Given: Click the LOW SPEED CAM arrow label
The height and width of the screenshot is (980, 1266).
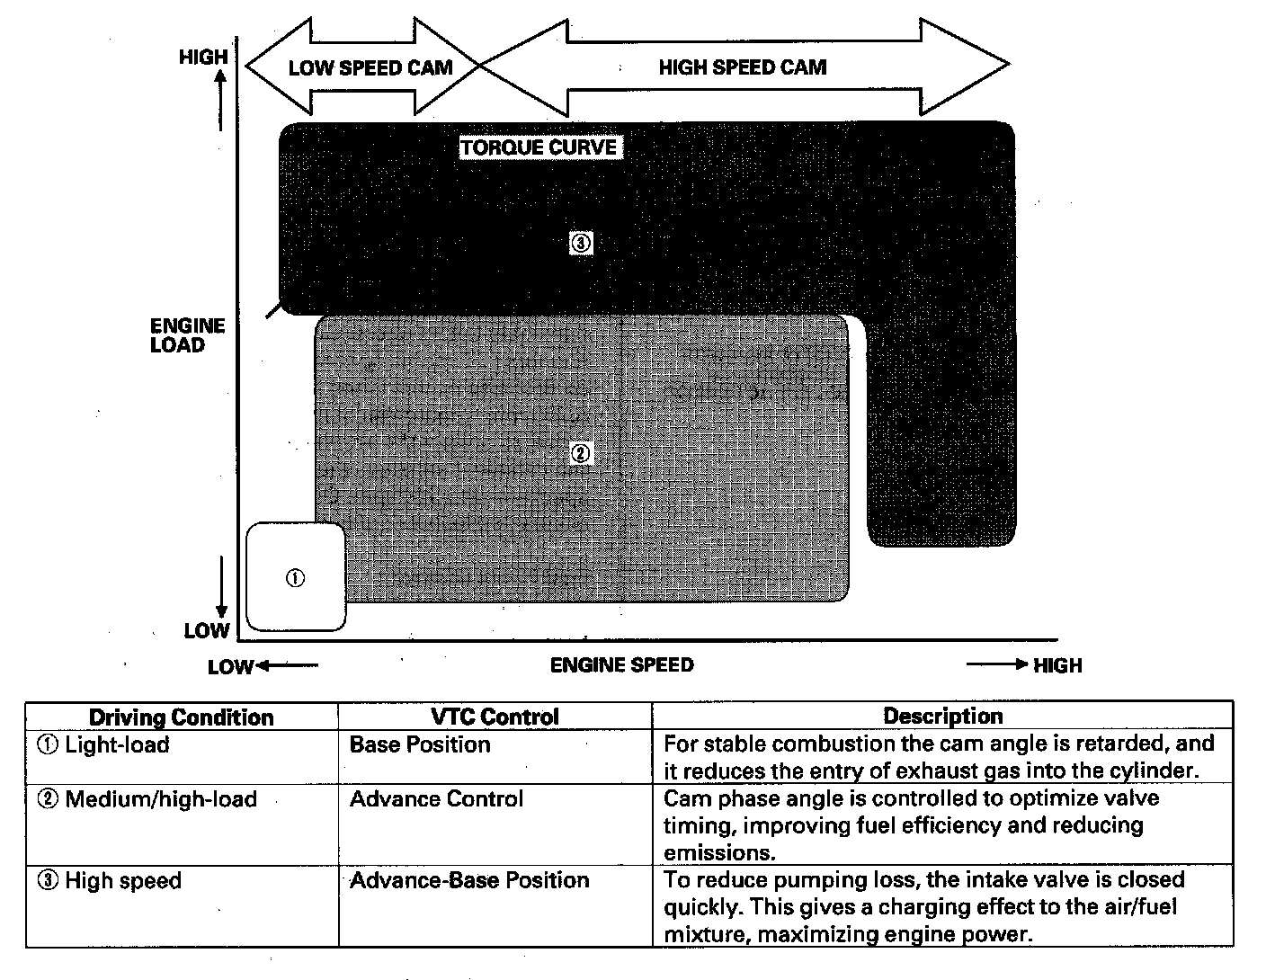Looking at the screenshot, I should pyautogui.click(x=370, y=68).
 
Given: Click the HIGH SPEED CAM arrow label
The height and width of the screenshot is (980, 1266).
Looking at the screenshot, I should pyautogui.click(x=742, y=67).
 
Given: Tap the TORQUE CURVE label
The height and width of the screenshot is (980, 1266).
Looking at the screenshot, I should pyautogui.click(x=539, y=147).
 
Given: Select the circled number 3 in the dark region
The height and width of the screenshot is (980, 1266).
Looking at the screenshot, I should pyautogui.click(x=581, y=243).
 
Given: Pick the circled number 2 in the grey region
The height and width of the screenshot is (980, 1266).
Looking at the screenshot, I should pyautogui.click(x=581, y=453).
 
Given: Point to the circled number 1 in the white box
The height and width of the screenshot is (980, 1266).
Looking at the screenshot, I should pyautogui.click(x=295, y=578).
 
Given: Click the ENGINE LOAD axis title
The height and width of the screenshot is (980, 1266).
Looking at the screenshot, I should pyautogui.click(x=187, y=335).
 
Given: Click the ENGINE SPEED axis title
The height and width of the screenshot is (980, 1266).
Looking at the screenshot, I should pyautogui.click(x=621, y=665).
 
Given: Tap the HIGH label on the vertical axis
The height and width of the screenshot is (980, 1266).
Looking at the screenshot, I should pyautogui.click(x=203, y=58).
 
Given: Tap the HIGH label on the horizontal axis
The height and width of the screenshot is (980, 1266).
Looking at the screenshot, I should pyautogui.click(x=1057, y=666).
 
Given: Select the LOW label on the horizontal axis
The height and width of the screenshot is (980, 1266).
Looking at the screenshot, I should pyautogui.click(x=231, y=667).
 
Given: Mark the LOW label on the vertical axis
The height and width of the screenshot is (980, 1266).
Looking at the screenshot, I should pyautogui.click(x=207, y=630).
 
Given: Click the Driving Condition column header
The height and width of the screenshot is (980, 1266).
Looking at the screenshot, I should pyautogui.click(x=181, y=717).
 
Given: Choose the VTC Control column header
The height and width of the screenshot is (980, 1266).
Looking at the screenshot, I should pyautogui.click(x=495, y=717).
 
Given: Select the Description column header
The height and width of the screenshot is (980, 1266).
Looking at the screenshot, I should pyautogui.click(x=942, y=717).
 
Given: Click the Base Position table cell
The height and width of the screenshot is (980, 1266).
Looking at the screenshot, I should pyautogui.click(x=420, y=744).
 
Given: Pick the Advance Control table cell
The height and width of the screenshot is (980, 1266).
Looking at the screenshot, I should pyautogui.click(x=436, y=799).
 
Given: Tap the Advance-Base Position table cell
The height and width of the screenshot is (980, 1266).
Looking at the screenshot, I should pyautogui.click(x=469, y=880).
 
